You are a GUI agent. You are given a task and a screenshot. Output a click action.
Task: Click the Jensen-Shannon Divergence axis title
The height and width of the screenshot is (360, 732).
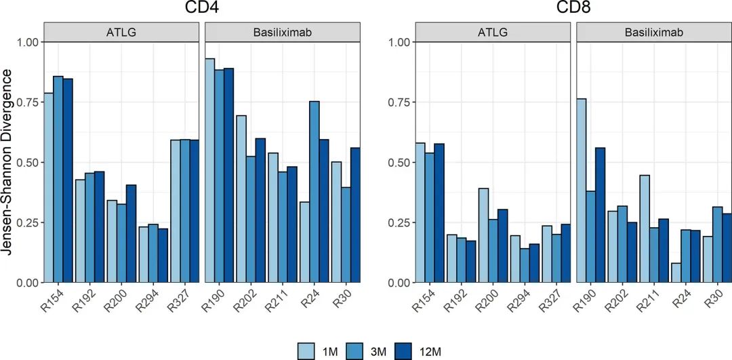click(12, 161)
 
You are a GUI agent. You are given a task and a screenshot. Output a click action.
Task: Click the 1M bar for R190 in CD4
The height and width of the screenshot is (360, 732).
click(210, 170)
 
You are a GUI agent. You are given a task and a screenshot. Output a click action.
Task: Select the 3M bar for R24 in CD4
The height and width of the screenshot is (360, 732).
click(314, 192)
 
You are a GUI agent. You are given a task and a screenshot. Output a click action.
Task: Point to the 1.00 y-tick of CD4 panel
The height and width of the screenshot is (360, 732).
click(29, 42)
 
